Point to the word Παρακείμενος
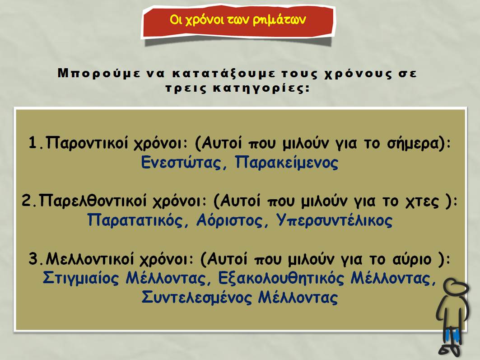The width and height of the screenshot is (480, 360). point(287,163)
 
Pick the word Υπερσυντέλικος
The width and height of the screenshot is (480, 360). point(334,220)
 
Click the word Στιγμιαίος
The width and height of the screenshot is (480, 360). point(80,278)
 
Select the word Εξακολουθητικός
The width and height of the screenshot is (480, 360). point(281,278)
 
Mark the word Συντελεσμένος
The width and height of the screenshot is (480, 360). point(196,297)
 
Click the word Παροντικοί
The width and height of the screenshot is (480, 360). point(87,143)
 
